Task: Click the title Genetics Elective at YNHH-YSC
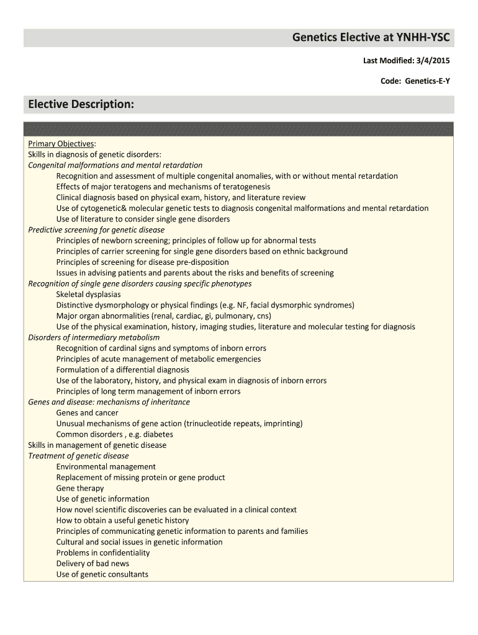(371, 38)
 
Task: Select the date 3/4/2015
(433, 61)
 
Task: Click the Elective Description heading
(81, 104)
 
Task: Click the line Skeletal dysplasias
(88, 295)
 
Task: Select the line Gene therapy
(80, 488)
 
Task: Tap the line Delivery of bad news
(92, 564)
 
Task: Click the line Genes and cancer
(87, 413)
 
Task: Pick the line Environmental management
(106, 467)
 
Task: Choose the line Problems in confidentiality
(102, 553)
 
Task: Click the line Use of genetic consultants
(102, 574)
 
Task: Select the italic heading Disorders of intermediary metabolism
(94, 337)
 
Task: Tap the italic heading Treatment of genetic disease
(78, 456)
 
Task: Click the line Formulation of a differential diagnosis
(122, 370)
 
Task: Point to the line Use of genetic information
(102, 499)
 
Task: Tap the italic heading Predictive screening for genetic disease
(96, 230)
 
